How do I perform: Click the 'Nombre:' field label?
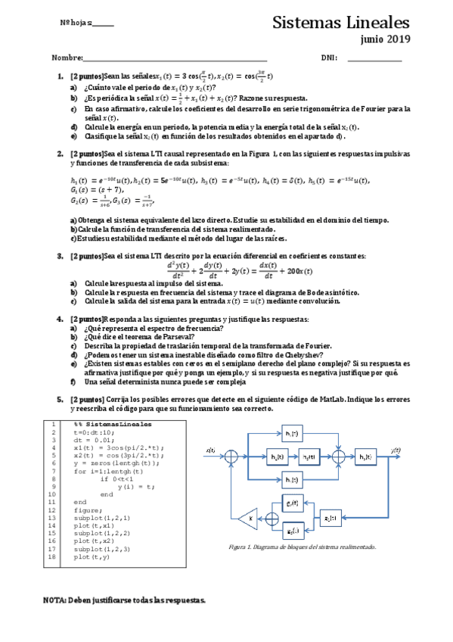click(x=67, y=58)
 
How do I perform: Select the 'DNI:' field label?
click(x=328, y=58)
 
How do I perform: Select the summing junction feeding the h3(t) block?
click(x=339, y=456)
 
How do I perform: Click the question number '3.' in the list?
click(x=60, y=256)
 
